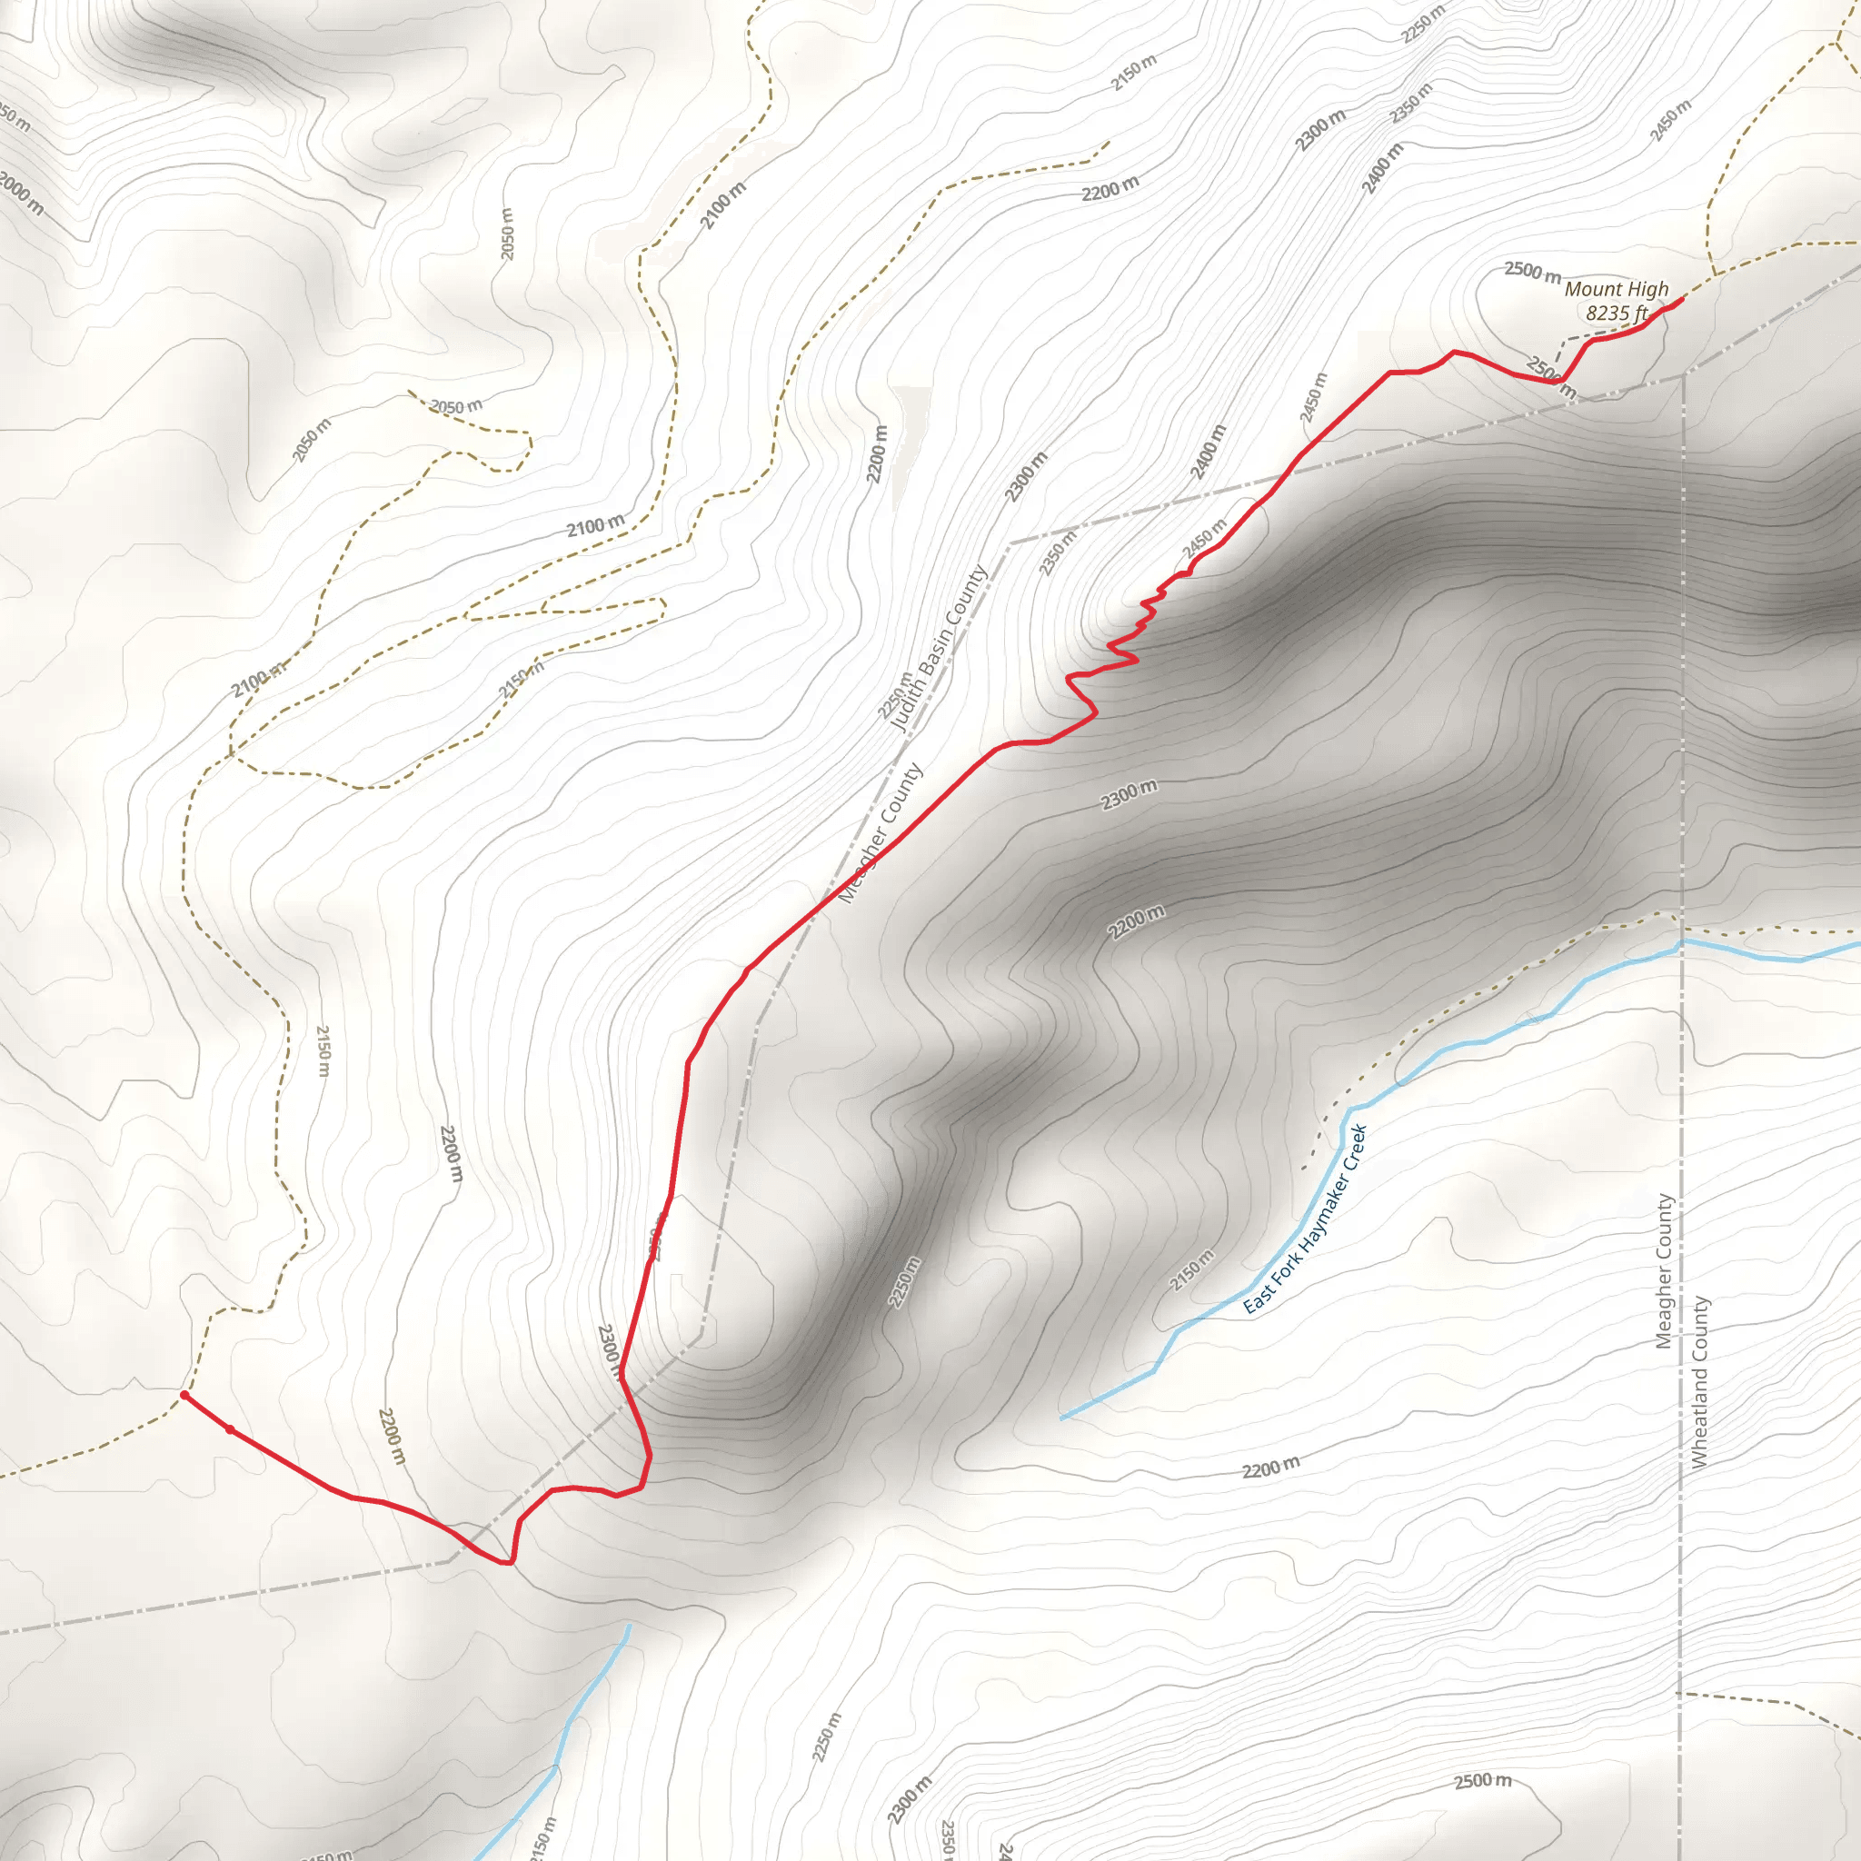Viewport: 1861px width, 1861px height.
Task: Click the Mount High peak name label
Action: pos(1616,289)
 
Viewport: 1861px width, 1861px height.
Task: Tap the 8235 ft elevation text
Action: pos(1617,313)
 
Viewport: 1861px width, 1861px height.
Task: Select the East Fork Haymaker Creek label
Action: pos(1305,1219)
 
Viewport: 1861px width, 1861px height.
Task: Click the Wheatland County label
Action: pos(1700,1381)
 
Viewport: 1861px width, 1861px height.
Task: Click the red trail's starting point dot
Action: pos(184,1395)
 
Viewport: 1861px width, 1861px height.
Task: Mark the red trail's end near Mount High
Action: pos(1682,299)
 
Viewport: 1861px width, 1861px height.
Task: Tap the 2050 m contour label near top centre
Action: pos(508,234)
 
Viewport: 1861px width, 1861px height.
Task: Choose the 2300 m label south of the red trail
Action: pos(1129,795)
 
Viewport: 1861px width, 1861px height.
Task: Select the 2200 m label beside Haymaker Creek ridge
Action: pos(1137,921)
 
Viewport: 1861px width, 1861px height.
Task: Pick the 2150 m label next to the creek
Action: pos(1191,1269)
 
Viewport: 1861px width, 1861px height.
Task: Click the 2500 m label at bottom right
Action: pos(1482,1781)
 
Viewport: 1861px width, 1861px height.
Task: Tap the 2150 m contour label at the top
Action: pos(1134,74)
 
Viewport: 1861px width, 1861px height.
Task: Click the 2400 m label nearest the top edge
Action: pos(1382,169)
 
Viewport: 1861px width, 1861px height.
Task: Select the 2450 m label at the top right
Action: pos(1670,121)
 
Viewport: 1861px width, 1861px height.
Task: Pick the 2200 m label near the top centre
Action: pos(1110,190)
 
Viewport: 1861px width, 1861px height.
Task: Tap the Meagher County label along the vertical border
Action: pos(1664,1271)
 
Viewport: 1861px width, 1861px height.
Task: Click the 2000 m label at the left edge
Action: pos(21,193)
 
